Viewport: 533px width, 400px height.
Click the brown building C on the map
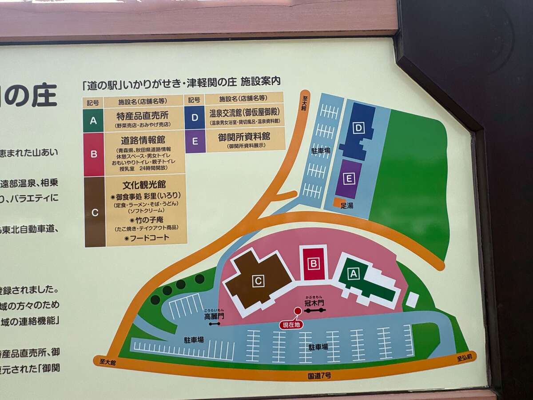click(258, 281)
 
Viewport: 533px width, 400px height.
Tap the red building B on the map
click(314, 264)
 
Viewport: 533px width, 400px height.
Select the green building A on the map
click(354, 274)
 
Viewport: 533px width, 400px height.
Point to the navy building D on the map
click(358, 129)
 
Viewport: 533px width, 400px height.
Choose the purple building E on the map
click(349, 179)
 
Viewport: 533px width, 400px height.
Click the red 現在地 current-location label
click(291, 325)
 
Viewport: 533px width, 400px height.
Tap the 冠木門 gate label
click(315, 303)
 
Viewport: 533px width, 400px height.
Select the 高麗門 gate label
click(214, 316)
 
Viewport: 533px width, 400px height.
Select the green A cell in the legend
click(93, 120)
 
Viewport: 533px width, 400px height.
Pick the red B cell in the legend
click(94, 154)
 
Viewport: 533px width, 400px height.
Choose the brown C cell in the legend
click(95, 212)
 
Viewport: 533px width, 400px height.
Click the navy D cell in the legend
click(195, 117)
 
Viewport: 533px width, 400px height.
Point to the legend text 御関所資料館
click(244, 136)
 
